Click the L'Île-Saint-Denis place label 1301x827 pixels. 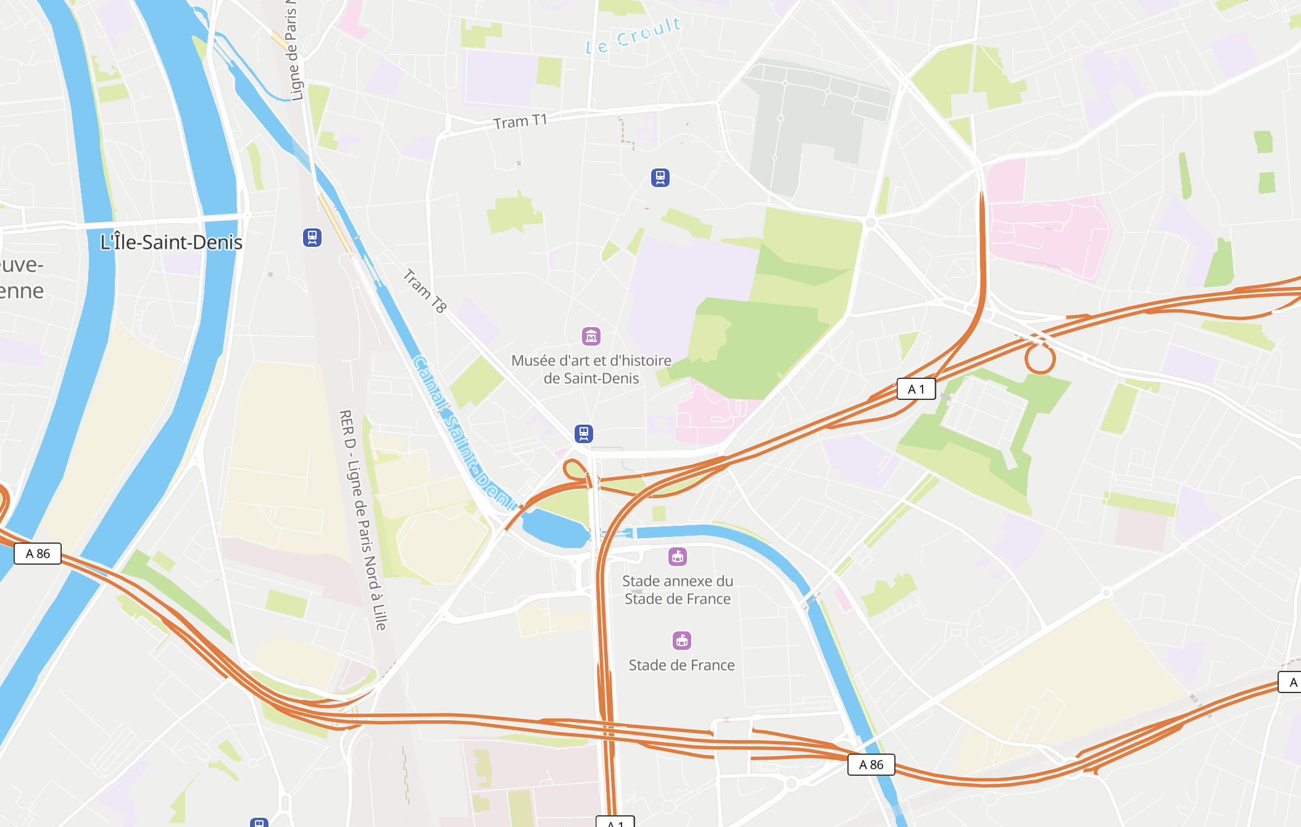(x=171, y=242)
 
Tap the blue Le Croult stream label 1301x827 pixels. (x=633, y=36)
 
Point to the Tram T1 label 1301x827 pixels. (x=520, y=122)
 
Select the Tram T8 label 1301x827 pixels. (x=425, y=291)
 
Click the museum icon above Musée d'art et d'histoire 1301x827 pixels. (x=591, y=336)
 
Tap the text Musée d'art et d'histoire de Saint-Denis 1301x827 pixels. (x=591, y=369)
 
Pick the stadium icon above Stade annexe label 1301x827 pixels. (x=678, y=557)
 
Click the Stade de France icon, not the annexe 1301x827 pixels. (x=682, y=641)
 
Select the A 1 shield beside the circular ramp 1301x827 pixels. (x=916, y=389)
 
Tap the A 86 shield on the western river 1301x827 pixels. (x=38, y=554)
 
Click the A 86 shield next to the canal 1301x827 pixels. (x=871, y=765)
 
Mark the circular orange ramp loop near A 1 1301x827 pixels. (x=1040, y=359)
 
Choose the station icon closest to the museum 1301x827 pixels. (x=584, y=433)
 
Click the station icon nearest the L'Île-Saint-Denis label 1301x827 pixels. (x=312, y=238)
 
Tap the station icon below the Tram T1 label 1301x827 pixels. (x=660, y=178)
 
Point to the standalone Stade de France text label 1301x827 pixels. (x=681, y=665)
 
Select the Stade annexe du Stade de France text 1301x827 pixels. (x=678, y=590)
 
